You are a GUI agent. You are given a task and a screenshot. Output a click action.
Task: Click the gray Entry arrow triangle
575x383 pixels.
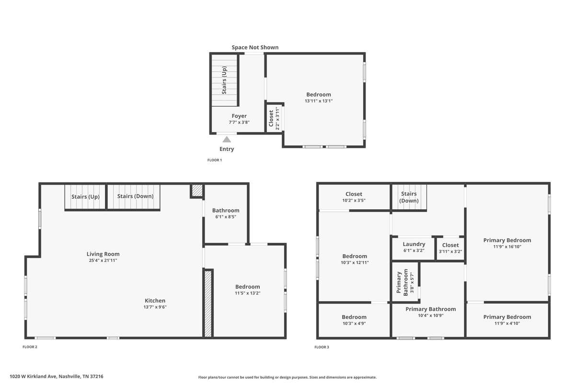(226, 139)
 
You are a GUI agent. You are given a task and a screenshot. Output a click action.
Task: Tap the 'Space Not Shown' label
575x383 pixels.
(255, 47)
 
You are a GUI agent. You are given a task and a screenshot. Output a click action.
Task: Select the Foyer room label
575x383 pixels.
(239, 116)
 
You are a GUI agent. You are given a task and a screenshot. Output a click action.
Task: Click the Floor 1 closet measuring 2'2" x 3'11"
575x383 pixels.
(274, 118)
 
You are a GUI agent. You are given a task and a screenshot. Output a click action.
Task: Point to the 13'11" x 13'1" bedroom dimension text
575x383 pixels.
(319, 101)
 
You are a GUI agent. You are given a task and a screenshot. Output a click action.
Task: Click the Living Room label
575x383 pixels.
(103, 254)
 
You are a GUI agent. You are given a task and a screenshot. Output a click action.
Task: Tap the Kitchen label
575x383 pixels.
(155, 301)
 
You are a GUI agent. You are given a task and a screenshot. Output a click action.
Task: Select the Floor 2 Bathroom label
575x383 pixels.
(226, 210)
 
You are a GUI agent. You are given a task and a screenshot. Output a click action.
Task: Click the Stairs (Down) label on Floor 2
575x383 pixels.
(135, 196)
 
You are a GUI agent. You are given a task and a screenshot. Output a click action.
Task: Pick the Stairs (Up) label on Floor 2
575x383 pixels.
(85, 197)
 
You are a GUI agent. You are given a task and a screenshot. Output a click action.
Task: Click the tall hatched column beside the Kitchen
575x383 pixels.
(208, 304)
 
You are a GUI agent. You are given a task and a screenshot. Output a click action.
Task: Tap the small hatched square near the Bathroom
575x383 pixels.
(197, 191)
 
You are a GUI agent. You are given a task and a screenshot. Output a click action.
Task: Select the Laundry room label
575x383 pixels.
(414, 244)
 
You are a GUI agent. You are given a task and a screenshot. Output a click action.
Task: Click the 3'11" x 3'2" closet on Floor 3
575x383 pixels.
(450, 248)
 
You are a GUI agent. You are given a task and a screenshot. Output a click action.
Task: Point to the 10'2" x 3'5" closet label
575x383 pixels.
(354, 197)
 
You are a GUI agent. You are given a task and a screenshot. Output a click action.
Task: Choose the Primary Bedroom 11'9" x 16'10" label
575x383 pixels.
(507, 243)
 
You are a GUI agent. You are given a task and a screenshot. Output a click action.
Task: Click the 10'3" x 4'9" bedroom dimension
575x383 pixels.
(354, 324)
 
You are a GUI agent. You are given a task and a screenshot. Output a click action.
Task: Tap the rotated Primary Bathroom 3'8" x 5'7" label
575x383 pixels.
(405, 282)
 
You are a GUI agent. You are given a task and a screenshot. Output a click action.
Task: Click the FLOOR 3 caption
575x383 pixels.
(322, 347)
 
